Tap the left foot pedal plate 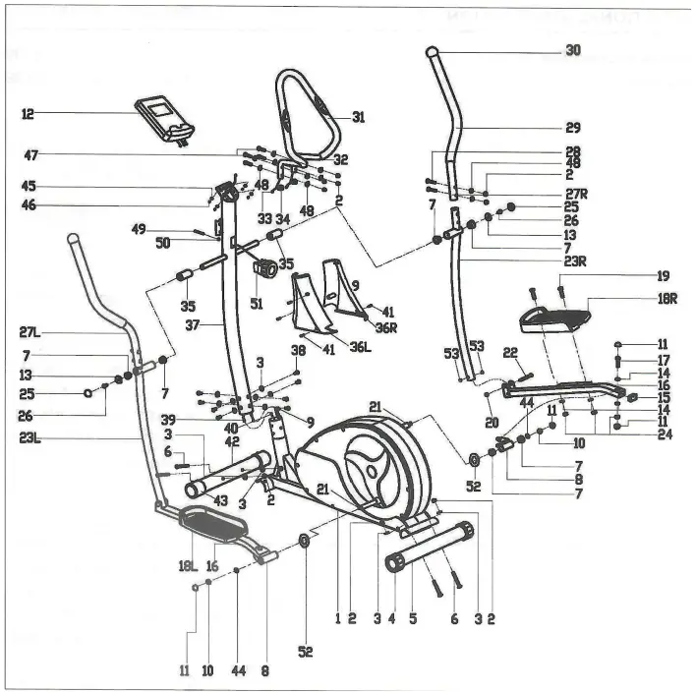pyautogui.click(x=213, y=523)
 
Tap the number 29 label pyautogui.click(x=573, y=128)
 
